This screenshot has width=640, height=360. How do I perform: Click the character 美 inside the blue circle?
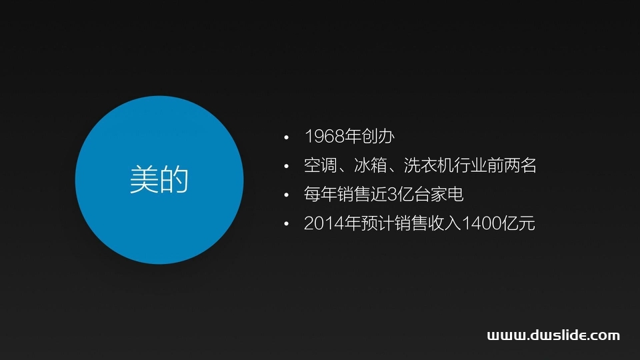[x=144, y=180]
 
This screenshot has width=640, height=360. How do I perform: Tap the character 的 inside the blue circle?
[x=175, y=180]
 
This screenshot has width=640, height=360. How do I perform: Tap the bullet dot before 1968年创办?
[x=287, y=137]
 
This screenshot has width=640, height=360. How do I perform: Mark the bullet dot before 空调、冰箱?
[x=287, y=166]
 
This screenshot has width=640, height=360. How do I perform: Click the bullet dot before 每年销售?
[x=287, y=195]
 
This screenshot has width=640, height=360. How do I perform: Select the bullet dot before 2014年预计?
[x=287, y=224]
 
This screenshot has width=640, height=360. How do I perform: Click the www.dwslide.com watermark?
[x=553, y=335]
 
